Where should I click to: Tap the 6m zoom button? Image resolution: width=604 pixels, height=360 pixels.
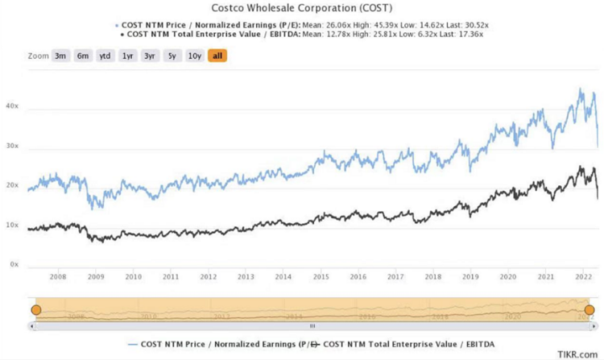(83, 56)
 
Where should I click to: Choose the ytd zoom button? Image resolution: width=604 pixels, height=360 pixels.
(105, 56)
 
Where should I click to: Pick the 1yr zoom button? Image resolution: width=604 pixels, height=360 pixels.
(127, 56)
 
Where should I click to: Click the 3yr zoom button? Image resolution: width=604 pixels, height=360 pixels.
(150, 56)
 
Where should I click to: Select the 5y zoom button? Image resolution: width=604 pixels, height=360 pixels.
(172, 56)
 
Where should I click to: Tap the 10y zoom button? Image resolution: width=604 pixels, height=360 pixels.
(194, 56)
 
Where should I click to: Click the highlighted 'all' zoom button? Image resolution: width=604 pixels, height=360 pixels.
(217, 56)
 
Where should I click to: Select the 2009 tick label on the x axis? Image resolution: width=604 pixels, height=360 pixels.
(95, 277)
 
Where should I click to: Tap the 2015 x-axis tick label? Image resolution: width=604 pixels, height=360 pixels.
(321, 277)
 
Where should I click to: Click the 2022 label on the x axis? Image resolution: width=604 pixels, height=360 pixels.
(582, 277)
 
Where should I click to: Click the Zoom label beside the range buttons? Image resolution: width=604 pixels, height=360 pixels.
(38, 56)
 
